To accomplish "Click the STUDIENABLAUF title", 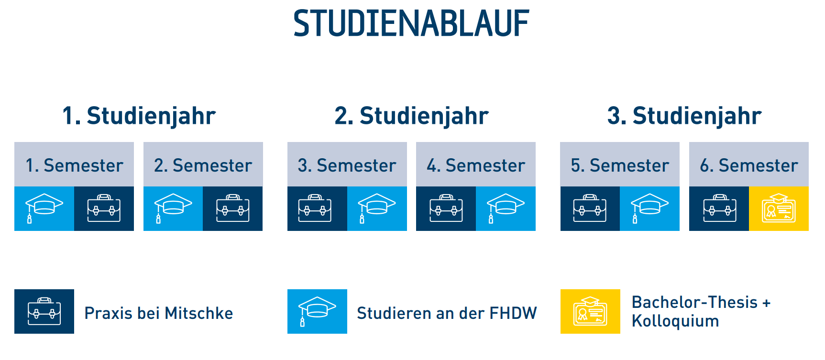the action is point(411,23).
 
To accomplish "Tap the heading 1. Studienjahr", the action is point(139,116).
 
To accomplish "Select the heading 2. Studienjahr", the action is point(412,116).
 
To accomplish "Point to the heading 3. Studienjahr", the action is point(684,116).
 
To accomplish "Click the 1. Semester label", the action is point(74,165).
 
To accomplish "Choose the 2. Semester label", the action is point(203,165).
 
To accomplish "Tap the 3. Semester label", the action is point(347,165).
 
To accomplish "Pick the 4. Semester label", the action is point(476,165).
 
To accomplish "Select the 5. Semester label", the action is point(620,165).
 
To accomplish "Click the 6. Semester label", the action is point(749,165).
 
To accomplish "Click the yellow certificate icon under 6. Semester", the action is point(779,208).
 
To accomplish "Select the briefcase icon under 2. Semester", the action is point(233,208).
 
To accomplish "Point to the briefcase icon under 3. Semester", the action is point(315,208).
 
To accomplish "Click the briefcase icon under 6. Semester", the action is point(720,208).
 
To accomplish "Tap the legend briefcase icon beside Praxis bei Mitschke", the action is point(44,311).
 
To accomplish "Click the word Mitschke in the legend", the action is point(199,313).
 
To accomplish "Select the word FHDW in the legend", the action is point(513,313).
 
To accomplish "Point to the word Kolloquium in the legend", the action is point(675,321).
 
